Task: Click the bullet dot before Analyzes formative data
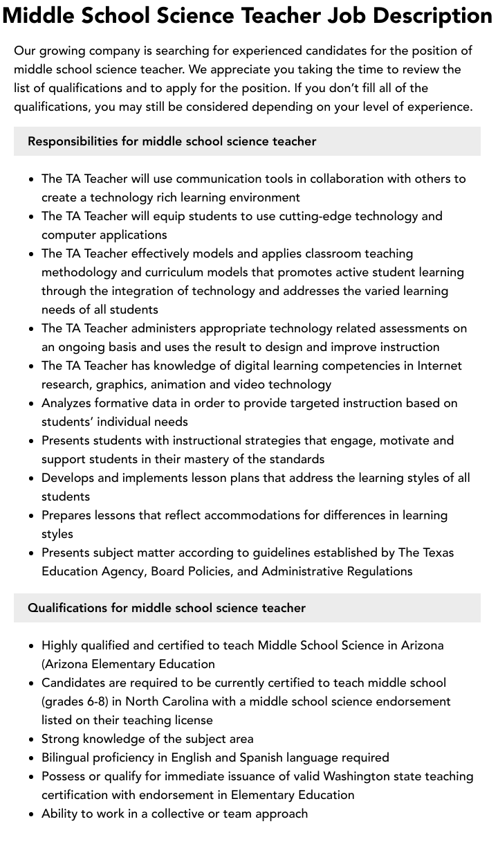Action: [32, 403]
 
